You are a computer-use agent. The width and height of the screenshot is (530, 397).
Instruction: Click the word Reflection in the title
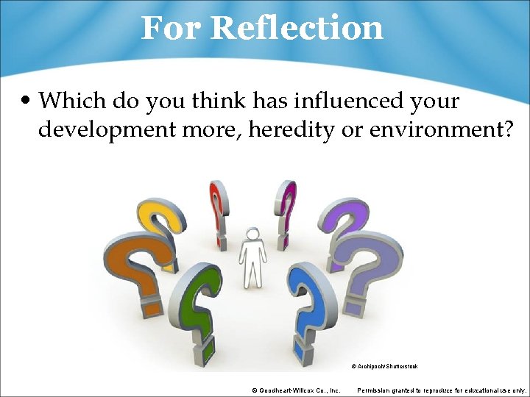pos(297,28)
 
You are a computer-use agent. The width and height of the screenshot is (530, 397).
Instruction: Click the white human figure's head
pos(252,235)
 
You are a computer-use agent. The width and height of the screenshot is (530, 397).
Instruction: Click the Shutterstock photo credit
pos(384,365)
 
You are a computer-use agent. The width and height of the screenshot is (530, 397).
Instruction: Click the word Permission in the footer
pos(378,390)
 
